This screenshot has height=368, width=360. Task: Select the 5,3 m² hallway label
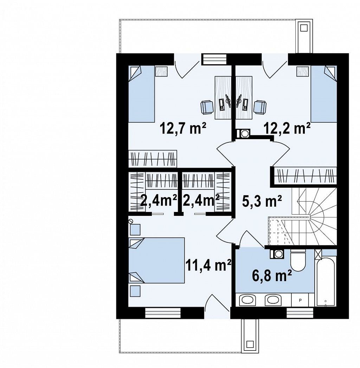pyautogui.click(x=262, y=202)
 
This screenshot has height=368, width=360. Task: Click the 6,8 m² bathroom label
pyautogui.click(x=272, y=276)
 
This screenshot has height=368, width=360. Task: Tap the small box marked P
pyautogui.click(x=300, y=300)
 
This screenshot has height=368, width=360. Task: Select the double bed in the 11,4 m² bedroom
pyautogui.click(x=156, y=260)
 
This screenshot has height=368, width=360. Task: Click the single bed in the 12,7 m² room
pyautogui.click(x=142, y=94)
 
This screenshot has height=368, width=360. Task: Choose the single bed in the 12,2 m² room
pyautogui.click(x=324, y=94)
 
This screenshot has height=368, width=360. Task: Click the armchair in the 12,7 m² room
pyautogui.click(x=207, y=107)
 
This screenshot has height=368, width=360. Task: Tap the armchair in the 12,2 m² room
pyautogui.click(x=260, y=107)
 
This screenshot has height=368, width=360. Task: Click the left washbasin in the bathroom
pyautogui.click(x=247, y=300)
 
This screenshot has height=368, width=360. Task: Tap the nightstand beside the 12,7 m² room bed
pyautogui.click(x=161, y=71)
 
